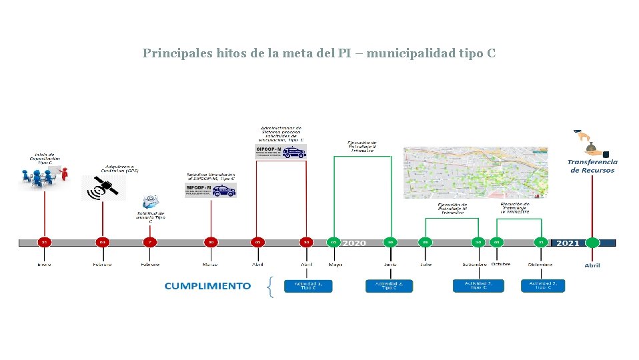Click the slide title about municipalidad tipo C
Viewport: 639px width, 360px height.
tap(319, 53)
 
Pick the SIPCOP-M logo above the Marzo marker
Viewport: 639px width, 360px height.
tap(211, 190)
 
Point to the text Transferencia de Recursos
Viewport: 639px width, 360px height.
tap(592, 166)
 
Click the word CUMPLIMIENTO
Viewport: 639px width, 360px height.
tap(207, 286)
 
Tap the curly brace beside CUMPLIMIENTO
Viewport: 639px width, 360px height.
tap(269, 287)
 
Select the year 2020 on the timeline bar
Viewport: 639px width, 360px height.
tap(354, 243)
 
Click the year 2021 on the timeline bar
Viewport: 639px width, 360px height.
tap(568, 243)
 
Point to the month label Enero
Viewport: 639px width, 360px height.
tap(44, 264)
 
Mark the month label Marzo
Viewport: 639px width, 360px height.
tap(211, 264)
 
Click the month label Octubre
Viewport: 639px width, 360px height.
tap(501, 264)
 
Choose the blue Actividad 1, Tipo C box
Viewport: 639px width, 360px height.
tap(308, 286)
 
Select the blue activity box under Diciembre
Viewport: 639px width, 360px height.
tap(542, 286)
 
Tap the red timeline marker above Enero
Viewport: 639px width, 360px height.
tap(44, 242)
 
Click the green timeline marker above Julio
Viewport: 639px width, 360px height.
tap(426, 242)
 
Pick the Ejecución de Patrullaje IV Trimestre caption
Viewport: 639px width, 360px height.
tap(515, 207)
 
